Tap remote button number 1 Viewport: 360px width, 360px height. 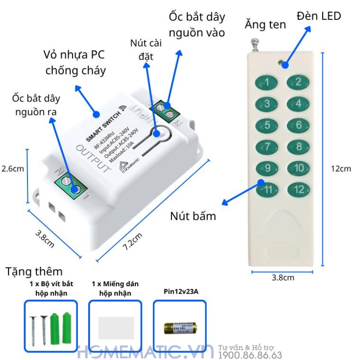click(268, 82)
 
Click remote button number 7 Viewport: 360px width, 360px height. click(268, 147)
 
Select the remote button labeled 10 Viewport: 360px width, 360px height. click(298, 168)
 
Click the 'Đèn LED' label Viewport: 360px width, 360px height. click(319, 16)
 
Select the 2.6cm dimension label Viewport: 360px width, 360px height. click(12, 169)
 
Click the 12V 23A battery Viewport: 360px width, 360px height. click(180, 328)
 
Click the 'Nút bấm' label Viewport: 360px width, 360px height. click(193, 216)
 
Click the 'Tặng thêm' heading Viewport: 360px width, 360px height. click(34, 271)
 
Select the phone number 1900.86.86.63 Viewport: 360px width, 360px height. click(250, 355)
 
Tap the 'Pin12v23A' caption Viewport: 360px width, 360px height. click(180, 292)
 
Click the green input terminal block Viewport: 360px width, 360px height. click(169, 112)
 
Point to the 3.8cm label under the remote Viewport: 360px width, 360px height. click(283, 278)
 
